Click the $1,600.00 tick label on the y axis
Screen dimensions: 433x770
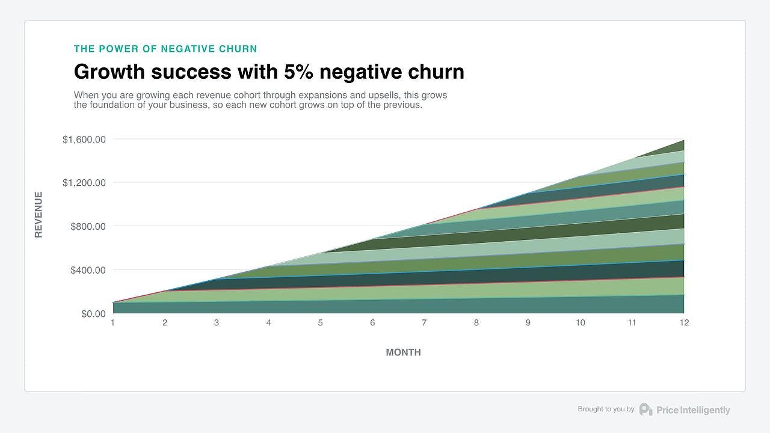(84, 140)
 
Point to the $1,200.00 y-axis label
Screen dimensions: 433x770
(84, 183)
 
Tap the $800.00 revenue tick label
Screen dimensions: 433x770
(88, 227)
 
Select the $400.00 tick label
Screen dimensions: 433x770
(88, 270)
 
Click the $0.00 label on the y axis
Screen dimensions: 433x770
(93, 314)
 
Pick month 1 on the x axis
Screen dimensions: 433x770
(112, 323)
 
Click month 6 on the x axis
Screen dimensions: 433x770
(372, 323)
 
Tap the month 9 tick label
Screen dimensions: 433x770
(528, 323)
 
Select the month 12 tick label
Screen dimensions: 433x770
(684, 323)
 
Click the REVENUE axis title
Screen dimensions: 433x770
(38, 215)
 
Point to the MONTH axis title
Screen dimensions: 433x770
(403, 352)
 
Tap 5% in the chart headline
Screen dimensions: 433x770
(298, 72)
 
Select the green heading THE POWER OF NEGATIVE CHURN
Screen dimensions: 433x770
(165, 49)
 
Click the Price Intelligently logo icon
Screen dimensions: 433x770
(645, 410)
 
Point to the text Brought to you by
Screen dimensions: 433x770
(606, 409)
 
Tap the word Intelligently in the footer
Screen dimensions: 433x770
(705, 410)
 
